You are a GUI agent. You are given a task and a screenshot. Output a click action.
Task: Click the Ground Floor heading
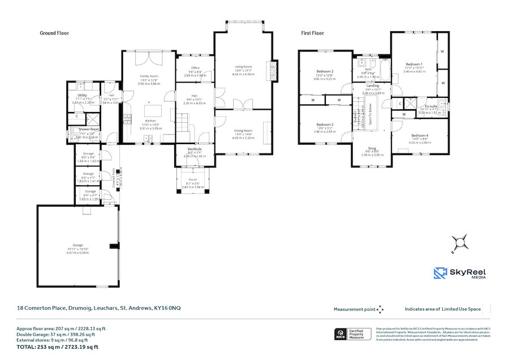click(x=54, y=33)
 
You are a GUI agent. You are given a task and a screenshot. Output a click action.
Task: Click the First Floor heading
click(x=312, y=33)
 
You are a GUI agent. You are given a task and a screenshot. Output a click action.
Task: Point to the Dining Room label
click(x=243, y=131)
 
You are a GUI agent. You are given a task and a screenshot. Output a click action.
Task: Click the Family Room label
click(x=149, y=76)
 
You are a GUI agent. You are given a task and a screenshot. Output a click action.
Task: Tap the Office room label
click(x=195, y=68)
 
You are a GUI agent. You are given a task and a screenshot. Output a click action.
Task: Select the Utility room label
click(x=82, y=95)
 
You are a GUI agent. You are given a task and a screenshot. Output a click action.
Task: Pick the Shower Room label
click(x=89, y=129)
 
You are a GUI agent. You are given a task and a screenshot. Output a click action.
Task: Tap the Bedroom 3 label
click(x=325, y=125)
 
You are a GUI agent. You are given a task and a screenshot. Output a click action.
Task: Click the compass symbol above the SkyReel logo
click(x=461, y=242)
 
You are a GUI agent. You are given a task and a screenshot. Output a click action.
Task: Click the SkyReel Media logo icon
click(x=441, y=273)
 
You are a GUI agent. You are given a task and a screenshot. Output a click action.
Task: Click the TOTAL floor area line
click(x=57, y=347)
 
